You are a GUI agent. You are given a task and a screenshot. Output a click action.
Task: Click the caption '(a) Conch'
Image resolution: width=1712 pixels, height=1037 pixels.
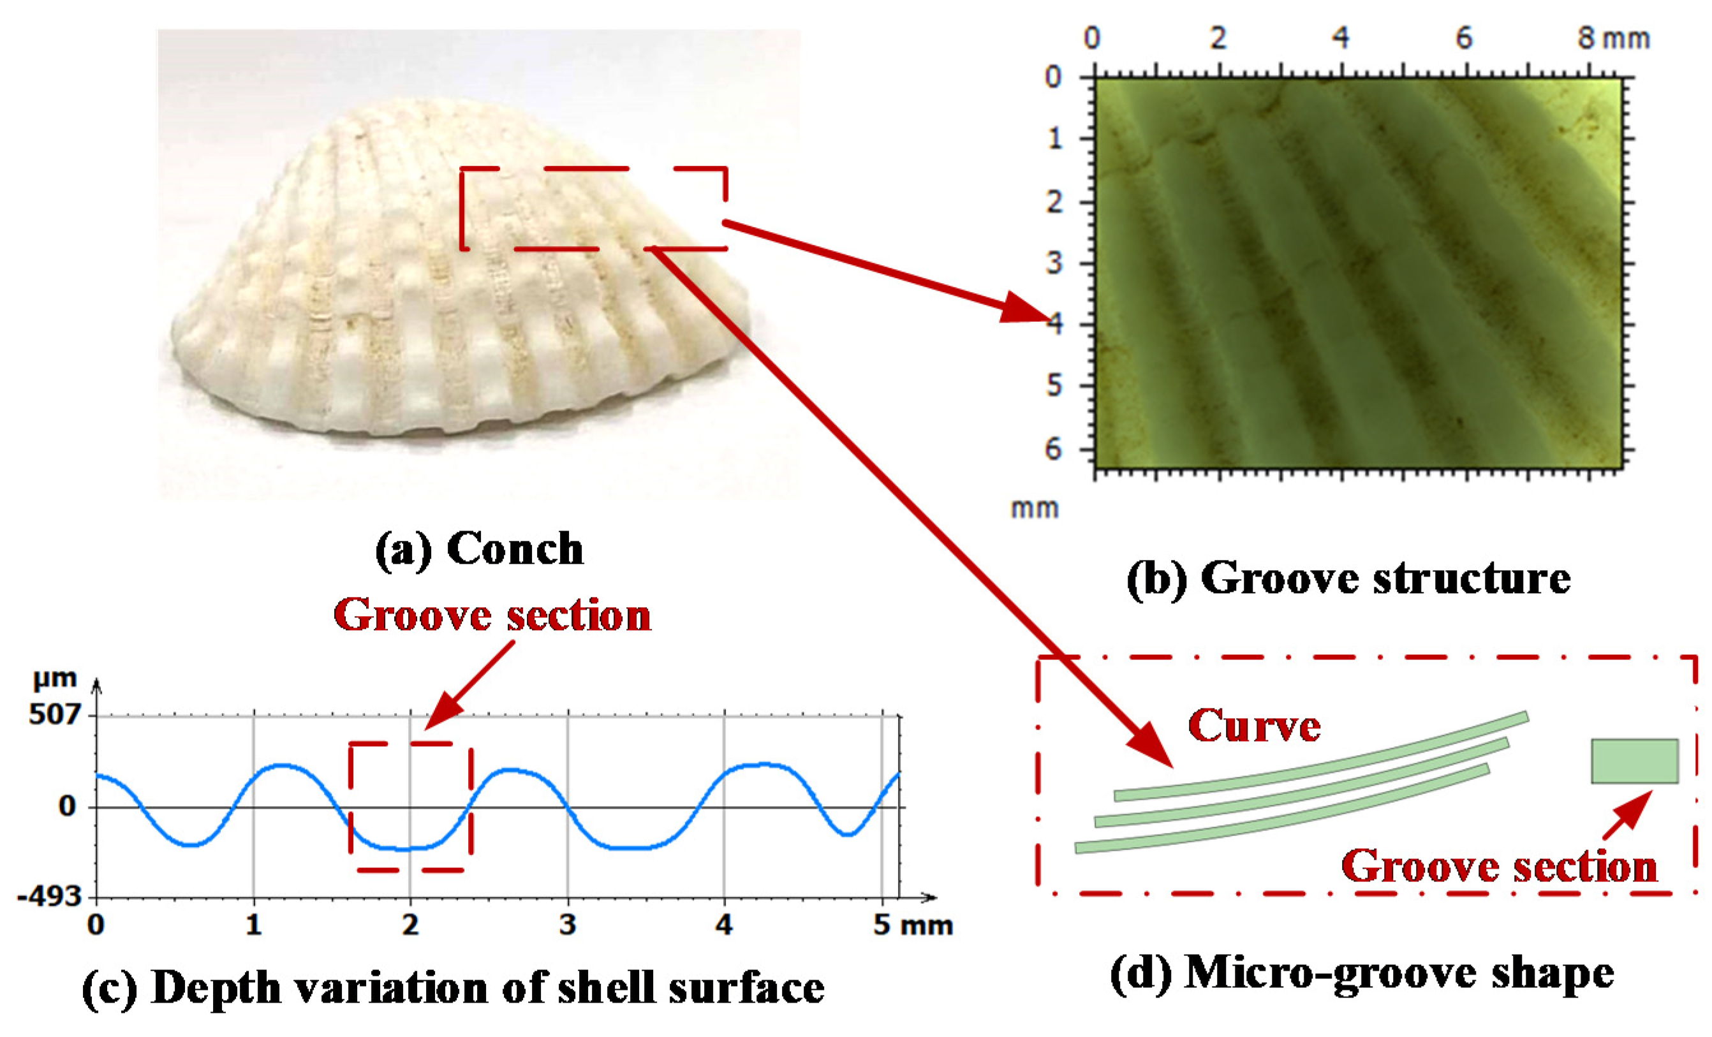pyautogui.click(x=480, y=549)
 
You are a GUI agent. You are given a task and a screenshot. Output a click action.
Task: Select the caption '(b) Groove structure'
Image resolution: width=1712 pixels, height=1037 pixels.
pyautogui.click(x=1348, y=578)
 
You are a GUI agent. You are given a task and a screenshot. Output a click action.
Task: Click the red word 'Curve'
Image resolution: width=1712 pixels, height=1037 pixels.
pyautogui.click(x=1253, y=726)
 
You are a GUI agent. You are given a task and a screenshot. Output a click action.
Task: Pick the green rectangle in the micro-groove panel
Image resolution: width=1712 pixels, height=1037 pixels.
pyautogui.click(x=1635, y=761)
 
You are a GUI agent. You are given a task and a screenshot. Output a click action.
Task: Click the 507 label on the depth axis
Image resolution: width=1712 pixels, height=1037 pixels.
pyautogui.click(x=54, y=714)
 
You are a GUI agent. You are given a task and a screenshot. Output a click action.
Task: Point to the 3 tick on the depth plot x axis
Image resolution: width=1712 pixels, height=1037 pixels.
pyautogui.click(x=568, y=926)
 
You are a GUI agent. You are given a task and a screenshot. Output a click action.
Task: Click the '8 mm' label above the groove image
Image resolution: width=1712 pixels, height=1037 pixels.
pyautogui.click(x=1612, y=39)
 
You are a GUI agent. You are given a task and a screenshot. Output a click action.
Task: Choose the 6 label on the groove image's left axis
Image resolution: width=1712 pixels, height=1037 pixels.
pyautogui.click(x=1053, y=450)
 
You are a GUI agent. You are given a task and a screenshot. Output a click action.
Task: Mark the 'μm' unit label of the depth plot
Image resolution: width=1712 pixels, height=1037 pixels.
pyautogui.click(x=55, y=679)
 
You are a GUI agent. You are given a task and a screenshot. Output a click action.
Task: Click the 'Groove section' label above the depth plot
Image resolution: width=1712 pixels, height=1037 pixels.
pyautogui.click(x=492, y=615)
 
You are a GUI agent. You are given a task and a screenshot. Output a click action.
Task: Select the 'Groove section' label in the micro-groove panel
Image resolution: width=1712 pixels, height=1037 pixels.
pyautogui.click(x=1500, y=867)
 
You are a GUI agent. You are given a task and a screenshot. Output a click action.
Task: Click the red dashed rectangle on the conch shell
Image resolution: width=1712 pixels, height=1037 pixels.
pyautogui.click(x=593, y=208)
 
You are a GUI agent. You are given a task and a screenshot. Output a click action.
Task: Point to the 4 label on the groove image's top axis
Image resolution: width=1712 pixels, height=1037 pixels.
pyautogui.click(x=1341, y=38)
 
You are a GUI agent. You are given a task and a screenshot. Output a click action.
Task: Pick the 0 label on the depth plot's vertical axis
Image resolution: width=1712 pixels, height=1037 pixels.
pyautogui.click(x=67, y=806)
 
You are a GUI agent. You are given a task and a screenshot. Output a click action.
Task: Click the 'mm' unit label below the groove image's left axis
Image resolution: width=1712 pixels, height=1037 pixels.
pyautogui.click(x=1035, y=509)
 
